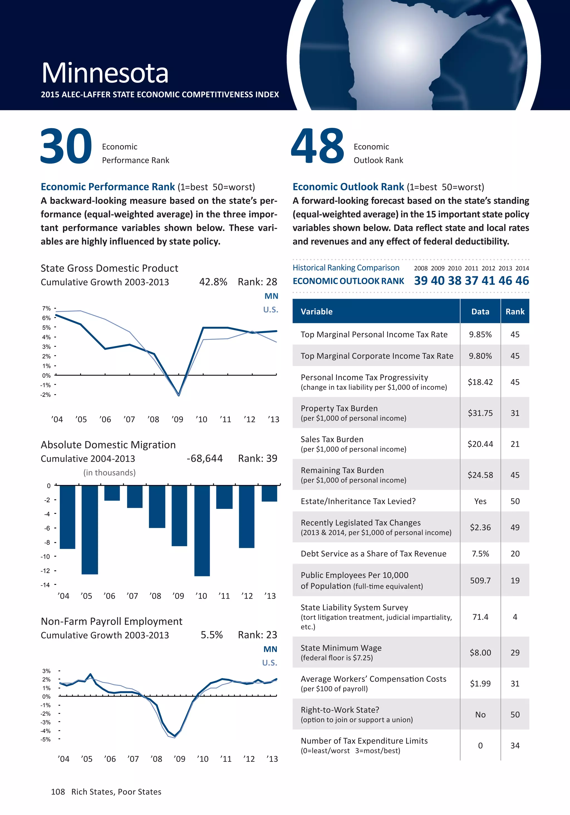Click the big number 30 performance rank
tap(66, 146)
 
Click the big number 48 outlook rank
tap(318, 146)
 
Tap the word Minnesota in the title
tap(105, 73)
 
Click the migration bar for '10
tap(202, 530)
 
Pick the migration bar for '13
tap(269, 493)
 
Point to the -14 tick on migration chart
tap(45, 585)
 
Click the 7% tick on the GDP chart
tap(46, 308)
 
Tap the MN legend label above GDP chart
tap(271, 296)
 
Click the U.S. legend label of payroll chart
tap(270, 663)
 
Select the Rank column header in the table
tap(515, 312)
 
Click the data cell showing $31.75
tap(480, 413)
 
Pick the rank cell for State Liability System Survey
tap(515, 617)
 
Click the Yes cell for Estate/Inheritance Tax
tap(480, 501)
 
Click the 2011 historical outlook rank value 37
tap(471, 281)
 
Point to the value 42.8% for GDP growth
tap(213, 282)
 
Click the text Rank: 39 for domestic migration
tap(257, 459)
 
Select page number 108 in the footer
tap(58, 792)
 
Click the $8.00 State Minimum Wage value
tap(480, 652)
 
